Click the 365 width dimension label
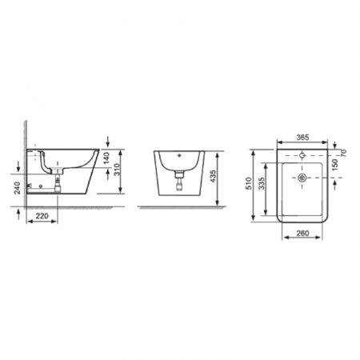[302, 137]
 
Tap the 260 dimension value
[302, 233]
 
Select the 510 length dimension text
[249, 183]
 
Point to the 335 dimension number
[262, 183]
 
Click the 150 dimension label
[335, 165]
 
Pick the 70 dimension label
[343, 153]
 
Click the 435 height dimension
[214, 176]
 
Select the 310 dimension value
[117, 170]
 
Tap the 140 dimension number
[106, 158]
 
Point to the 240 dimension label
[18, 188]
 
